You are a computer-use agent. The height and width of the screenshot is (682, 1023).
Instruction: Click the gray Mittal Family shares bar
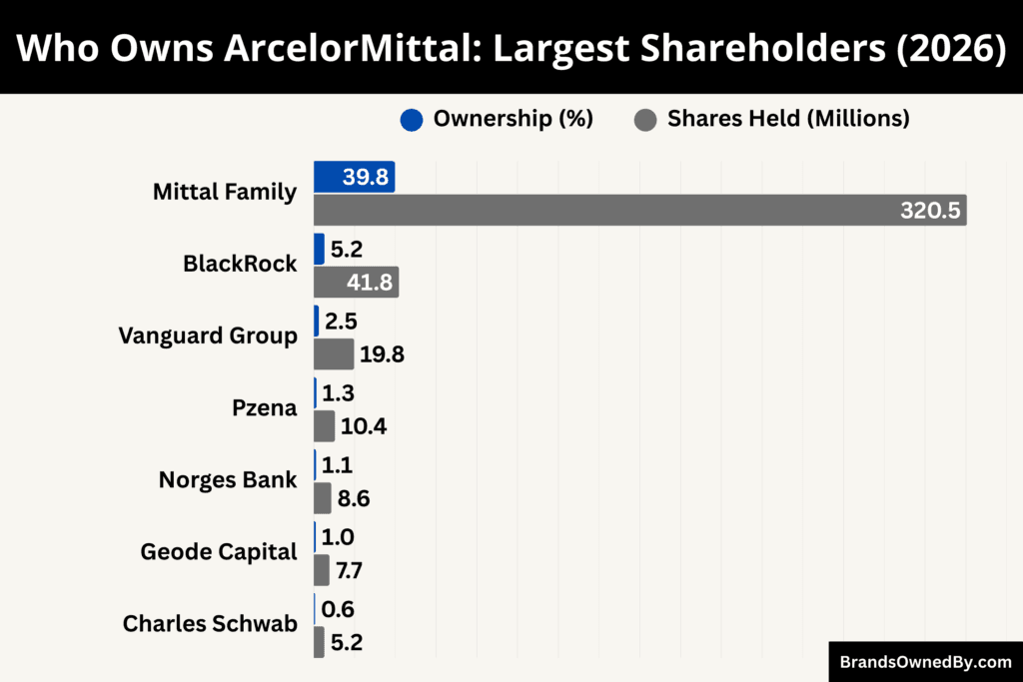[x=639, y=210]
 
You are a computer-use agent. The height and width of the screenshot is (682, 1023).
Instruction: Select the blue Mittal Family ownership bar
[x=354, y=177]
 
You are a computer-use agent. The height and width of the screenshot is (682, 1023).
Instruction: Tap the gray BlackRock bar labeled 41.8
[x=356, y=282]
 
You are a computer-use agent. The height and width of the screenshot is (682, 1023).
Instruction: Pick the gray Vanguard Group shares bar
[x=334, y=353]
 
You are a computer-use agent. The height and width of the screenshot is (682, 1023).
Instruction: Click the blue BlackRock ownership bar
[x=319, y=249]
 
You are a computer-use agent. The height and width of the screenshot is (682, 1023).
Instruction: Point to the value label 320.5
[x=929, y=211]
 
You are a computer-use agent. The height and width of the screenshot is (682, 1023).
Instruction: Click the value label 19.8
[x=382, y=354]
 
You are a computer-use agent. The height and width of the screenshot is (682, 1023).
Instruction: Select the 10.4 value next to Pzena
[x=364, y=426]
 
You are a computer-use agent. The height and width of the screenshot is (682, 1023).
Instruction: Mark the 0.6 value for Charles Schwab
[x=338, y=609]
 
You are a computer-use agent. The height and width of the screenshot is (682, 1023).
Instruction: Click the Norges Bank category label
[x=228, y=479]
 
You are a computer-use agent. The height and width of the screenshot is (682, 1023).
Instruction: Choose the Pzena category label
[x=264, y=407]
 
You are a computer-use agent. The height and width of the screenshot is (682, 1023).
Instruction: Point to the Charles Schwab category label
[x=210, y=623]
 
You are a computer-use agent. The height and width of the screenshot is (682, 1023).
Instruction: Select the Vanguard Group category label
[x=208, y=336]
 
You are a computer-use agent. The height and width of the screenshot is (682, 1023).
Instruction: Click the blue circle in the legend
[x=412, y=119]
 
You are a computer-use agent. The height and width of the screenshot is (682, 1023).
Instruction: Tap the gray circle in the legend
[x=645, y=119]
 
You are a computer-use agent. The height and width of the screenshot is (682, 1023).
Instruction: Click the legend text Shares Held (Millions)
[x=788, y=119]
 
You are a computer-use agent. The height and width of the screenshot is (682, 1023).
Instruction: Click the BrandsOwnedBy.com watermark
[x=925, y=661]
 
